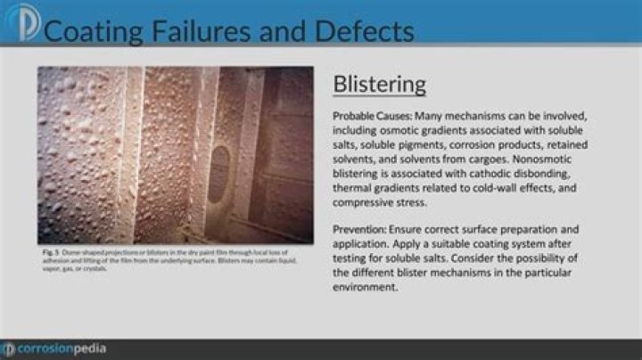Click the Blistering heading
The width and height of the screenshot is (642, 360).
pos(379,85)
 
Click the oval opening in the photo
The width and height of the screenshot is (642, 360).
pos(218,173)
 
